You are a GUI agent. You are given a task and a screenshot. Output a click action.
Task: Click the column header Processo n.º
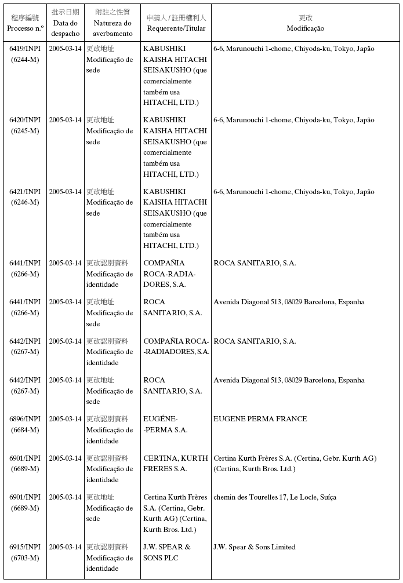[x=25, y=23]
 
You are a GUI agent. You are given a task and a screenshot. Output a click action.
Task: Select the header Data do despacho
[x=65, y=23]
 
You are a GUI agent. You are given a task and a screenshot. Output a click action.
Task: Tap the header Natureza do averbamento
[x=112, y=23]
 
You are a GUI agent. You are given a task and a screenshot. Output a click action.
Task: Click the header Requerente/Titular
[x=176, y=23]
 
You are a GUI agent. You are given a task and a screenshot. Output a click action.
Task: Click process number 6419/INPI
[x=25, y=49]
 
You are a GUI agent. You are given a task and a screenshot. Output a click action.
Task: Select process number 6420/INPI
[x=25, y=121]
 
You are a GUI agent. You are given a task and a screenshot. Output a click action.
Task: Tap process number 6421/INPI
[x=25, y=192]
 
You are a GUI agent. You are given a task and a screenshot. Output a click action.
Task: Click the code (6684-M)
[x=25, y=430]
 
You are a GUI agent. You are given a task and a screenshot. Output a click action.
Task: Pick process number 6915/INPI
[x=25, y=547]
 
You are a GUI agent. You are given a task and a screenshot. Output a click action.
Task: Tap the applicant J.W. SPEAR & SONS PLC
[x=167, y=552]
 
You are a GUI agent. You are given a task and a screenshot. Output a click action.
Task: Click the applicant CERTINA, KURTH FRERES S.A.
[x=176, y=464]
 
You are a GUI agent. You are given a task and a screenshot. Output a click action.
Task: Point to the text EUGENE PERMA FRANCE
[x=260, y=419]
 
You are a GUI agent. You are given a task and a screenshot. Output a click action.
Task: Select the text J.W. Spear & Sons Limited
[x=255, y=547]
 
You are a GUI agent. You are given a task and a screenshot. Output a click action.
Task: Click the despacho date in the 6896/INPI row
[x=65, y=419]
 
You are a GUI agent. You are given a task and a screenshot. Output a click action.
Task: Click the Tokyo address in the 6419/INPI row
[x=293, y=49]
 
